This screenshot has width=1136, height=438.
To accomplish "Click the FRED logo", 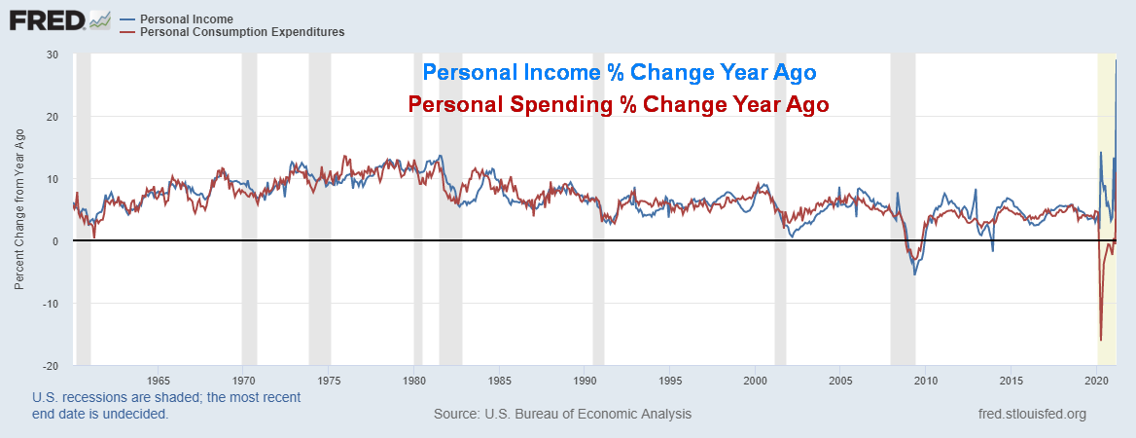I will click(x=45, y=18).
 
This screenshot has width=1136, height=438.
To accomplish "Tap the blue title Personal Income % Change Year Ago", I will click(x=619, y=73).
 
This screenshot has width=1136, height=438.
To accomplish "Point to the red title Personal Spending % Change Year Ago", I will click(x=619, y=104).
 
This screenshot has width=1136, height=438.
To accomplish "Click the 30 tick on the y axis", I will click(x=53, y=55).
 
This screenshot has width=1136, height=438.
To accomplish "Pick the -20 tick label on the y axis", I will click(x=51, y=365).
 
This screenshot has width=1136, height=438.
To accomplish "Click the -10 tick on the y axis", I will click(x=51, y=303).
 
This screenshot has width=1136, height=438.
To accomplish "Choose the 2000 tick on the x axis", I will click(x=756, y=379).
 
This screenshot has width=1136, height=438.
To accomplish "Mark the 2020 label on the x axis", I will click(x=1097, y=379).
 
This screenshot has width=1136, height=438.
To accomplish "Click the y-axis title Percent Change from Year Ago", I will click(x=19, y=209).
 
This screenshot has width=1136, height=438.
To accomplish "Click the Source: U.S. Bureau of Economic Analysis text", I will click(x=562, y=414).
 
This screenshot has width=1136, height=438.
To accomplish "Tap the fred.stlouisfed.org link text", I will click(x=1032, y=414).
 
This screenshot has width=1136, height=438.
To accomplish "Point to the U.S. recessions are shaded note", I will click(x=166, y=405).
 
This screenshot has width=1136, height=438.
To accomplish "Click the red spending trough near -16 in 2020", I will click(x=1101, y=340).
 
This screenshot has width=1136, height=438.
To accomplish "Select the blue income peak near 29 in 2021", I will click(x=1116, y=61).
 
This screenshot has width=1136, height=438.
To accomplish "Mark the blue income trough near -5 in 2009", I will click(x=914, y=274).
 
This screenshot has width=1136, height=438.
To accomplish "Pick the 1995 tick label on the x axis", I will click(x=670, y=379).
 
